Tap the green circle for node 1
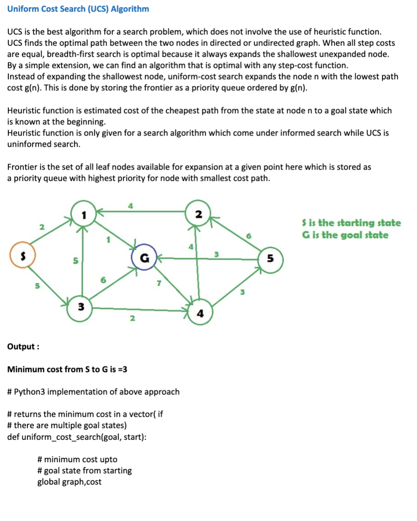tap(83, 215)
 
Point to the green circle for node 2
tap(198, 214)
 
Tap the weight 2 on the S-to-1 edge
tap(42, 227)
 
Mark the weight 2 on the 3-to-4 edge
tap(132, 319)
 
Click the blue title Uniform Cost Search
tap(78, 9)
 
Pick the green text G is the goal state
tap(345, 235)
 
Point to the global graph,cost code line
tap(69, 482)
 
